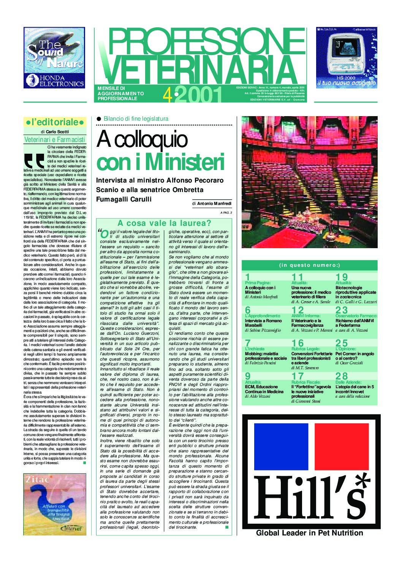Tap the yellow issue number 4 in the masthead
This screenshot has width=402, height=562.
[x=167, y=95]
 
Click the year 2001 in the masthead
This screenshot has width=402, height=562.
[x=198, y=95]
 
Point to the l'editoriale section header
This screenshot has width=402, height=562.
[x=55, y=122]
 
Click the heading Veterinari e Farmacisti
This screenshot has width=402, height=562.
[x=55, y=139]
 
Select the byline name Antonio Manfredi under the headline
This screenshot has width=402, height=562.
[x=214, y=204]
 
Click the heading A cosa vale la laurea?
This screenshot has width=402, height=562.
[x=164, y=223]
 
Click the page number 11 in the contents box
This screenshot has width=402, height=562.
[x=297, y=277]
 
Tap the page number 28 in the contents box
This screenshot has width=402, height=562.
[x=341, y=376]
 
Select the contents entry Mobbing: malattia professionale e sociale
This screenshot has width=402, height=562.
[x=266, y=356]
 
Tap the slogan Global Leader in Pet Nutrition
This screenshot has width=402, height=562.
[x=309, y=533]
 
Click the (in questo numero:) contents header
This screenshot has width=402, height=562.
[x=310, y=265]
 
